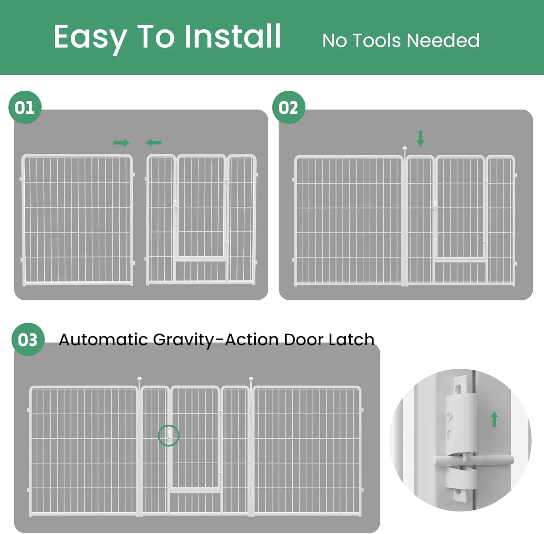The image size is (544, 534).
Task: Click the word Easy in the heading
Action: coord(90,38)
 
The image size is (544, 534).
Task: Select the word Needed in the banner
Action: coord(443,40)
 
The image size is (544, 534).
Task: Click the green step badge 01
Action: coord(25,107)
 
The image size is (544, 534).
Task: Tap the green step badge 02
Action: coord(289,107)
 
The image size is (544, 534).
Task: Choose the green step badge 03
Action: coord(28,340)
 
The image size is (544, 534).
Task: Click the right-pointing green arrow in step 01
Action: coord(121,143)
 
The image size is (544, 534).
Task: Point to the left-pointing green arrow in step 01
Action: coord(154,143)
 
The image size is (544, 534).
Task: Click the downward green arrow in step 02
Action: coord(420,139)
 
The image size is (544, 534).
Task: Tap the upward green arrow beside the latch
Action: coord(494,419)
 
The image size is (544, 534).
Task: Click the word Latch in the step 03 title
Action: coord(351,339)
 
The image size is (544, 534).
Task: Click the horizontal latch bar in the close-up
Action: coord(473,460)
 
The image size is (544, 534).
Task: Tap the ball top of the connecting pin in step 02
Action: coord(405,148)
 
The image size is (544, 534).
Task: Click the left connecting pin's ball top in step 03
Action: coord(140,379)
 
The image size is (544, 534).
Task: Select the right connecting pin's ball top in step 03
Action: coord(251,379)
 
